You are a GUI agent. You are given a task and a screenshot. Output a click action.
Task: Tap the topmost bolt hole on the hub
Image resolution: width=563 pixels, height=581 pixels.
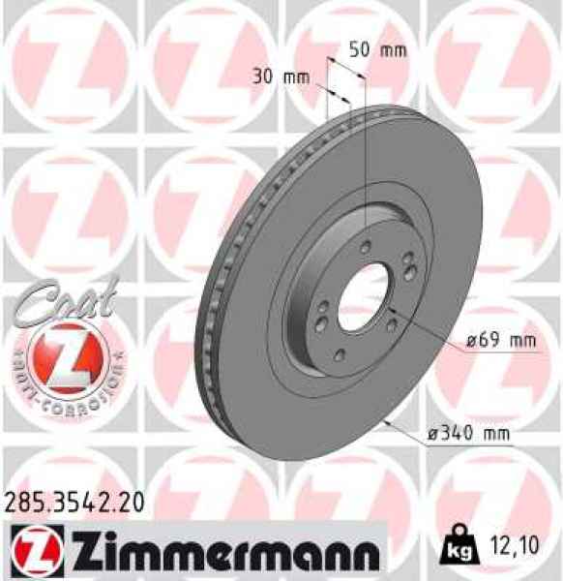(x=364, y=249)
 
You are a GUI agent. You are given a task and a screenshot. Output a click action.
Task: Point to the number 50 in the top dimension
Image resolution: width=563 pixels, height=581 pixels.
(x=359, y=50)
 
